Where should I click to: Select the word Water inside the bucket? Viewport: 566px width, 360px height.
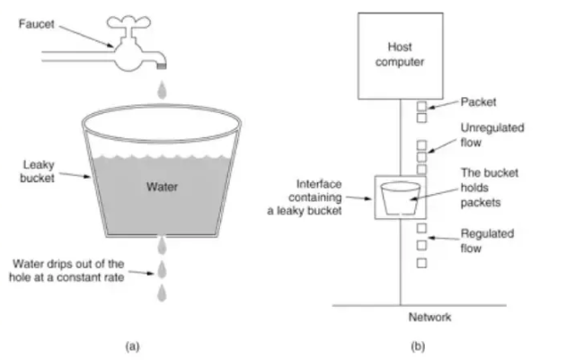click(164, 188)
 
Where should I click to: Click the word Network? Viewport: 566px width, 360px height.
click(431, 317)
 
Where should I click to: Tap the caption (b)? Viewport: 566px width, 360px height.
click(420, 345)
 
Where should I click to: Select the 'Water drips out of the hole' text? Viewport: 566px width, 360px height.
click(69, 270)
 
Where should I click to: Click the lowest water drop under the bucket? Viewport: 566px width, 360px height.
click(162, 294)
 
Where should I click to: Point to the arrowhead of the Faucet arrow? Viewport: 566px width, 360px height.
click(115, 43)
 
